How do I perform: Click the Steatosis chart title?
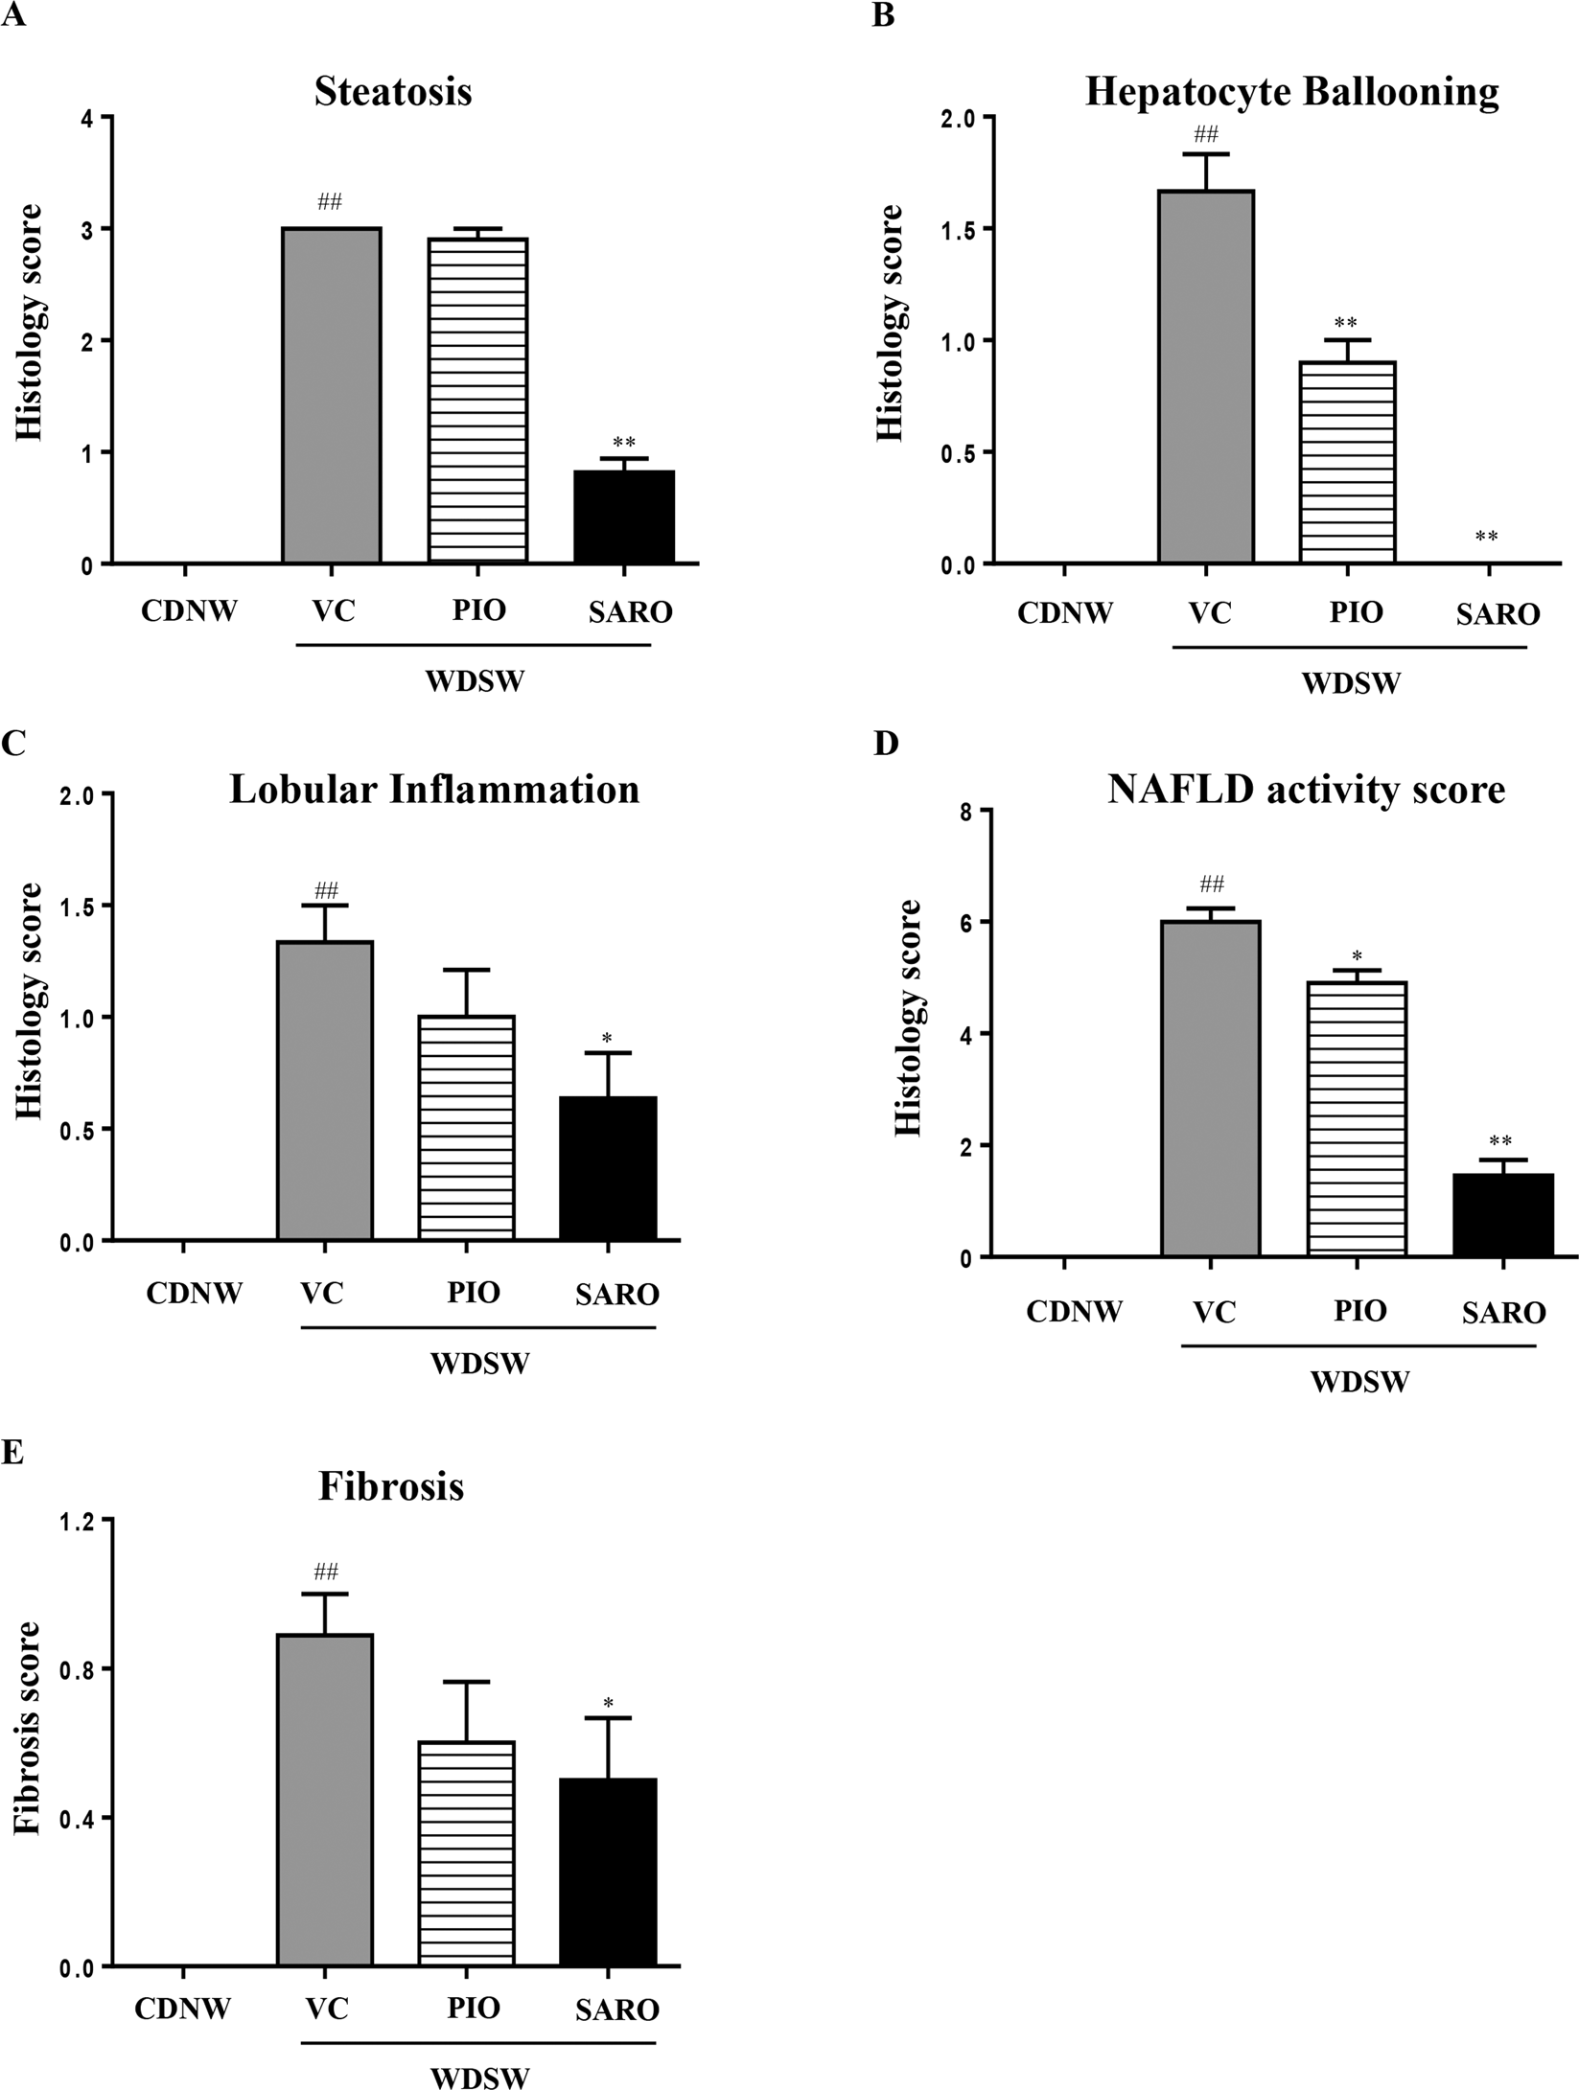point(393,92)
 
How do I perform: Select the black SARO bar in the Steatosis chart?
point(624,517)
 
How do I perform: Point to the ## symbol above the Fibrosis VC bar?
point(325,1572)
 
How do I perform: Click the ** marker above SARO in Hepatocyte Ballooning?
point(1486,537)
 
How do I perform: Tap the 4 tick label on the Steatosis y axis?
point(88,118)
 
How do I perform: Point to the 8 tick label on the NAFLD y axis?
point(966,812)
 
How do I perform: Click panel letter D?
point(886,743)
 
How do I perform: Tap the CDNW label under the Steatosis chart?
point(189,611)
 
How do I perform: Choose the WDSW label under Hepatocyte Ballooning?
point(1351,683)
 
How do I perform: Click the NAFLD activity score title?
point(1306,790)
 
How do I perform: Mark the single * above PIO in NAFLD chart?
point(1357,956)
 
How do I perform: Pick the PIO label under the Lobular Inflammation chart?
point(474,1293)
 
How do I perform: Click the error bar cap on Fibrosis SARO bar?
point(608,1718)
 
